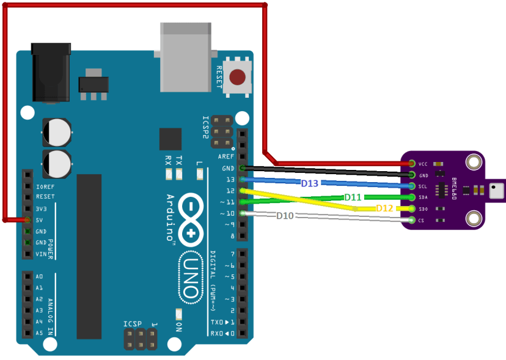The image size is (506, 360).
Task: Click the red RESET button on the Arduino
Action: click(238, 77)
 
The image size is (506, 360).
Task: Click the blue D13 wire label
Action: click(310, 183)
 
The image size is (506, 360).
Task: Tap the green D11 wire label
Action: click(353, 197)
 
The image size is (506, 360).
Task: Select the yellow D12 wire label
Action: click(384, 208)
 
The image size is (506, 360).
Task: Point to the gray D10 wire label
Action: click(285, 216)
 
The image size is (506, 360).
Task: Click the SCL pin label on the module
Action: click(423, 186)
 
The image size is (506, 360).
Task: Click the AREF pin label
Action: click(226, 156)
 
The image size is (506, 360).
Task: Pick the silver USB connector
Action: click(186, 55)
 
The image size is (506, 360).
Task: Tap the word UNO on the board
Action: click(192, 278)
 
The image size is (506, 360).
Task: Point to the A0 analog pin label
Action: click(39, 276)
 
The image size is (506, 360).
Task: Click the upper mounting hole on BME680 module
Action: click(472, 162)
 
